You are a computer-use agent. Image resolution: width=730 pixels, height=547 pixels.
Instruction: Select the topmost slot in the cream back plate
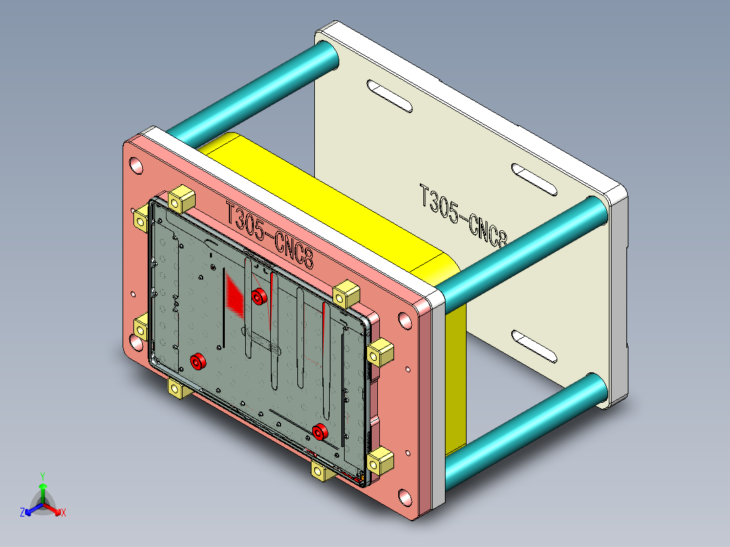click(389, 96)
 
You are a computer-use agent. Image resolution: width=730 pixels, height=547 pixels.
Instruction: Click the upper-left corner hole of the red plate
click(136, 165)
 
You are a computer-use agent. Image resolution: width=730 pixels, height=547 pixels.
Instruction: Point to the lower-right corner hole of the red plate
click(404, 498)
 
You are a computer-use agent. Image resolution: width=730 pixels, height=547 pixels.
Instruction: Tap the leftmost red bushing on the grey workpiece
click(197, 362)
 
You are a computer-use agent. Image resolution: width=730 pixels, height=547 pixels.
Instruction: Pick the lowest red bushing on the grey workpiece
click(320, 431)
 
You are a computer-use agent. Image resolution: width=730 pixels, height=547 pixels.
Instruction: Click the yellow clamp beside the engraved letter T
click(181, 199)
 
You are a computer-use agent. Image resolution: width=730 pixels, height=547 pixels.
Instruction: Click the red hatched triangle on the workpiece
click(235, 298)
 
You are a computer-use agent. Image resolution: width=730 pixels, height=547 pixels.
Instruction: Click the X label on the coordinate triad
click(63, 513)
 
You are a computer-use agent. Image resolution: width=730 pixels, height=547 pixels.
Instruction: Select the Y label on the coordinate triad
click(42, 476)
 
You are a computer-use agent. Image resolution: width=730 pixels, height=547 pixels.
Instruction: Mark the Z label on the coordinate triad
click(22, 513)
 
